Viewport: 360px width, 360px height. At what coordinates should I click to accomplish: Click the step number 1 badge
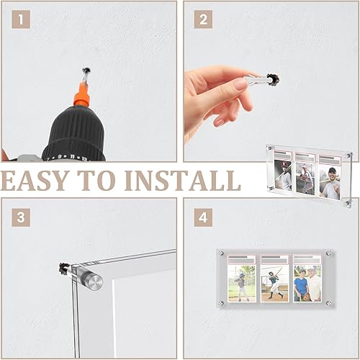coord(21,19)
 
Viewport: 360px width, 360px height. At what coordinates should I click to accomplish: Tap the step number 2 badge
coord(203,19)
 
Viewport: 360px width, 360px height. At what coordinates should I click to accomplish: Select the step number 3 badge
coord(21,217)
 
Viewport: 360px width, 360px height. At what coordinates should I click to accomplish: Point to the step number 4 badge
coord(203,217)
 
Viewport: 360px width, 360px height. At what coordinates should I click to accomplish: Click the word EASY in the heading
coord(35,181)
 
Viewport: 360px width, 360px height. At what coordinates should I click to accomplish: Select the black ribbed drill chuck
coord(74,133)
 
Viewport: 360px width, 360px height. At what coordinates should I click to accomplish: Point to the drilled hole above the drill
coord(86,71)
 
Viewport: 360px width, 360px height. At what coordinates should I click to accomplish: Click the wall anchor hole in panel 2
coord(273,79)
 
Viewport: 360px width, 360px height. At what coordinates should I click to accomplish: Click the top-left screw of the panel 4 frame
coord(221,253)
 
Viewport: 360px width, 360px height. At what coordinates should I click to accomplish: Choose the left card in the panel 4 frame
coord(242,279)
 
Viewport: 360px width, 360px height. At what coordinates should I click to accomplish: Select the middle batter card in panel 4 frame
coord(274,279)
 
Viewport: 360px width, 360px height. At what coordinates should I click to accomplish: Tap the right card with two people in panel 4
coord(307,279)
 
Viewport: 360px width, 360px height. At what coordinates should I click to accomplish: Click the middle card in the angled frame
coord(305,174)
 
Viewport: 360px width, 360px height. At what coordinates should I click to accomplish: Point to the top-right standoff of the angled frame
coord(349,156)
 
